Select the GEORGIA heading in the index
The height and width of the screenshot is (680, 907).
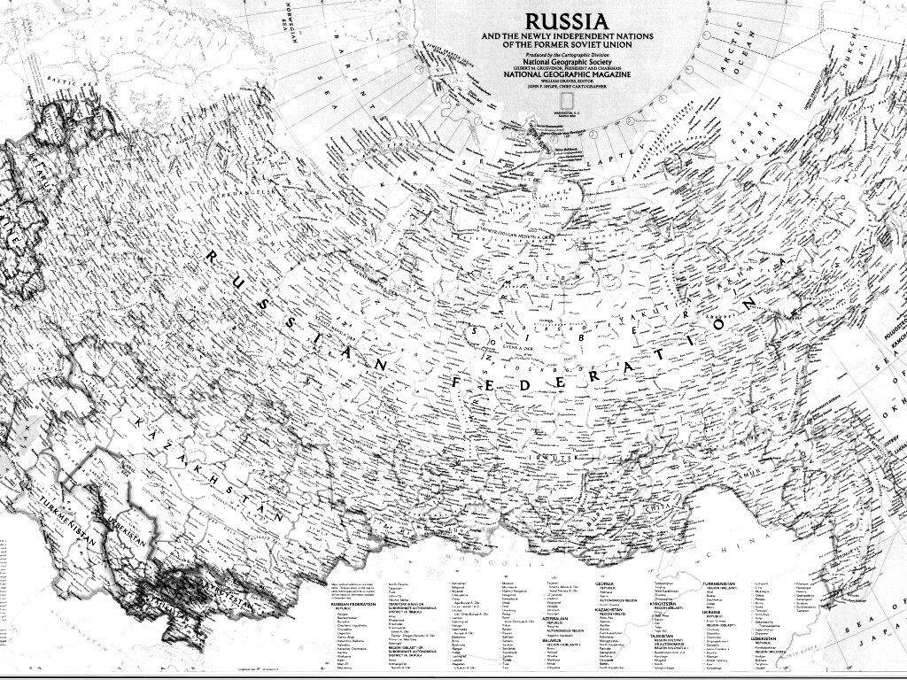[606, 584]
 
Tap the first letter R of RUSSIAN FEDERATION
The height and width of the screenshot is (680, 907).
[212, 258]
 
